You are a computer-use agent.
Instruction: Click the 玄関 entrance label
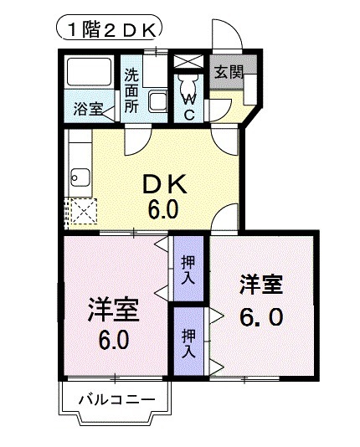226,72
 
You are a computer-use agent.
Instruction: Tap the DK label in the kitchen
163,182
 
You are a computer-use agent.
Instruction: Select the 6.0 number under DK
163,208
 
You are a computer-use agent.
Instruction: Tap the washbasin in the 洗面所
157,103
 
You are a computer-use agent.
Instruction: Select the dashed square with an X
81,212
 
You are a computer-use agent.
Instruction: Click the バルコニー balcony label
116,399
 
